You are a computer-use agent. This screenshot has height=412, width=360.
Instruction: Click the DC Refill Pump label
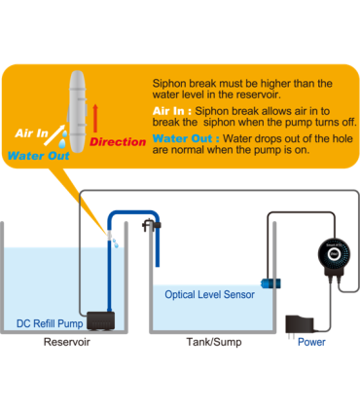(x=50, y=323)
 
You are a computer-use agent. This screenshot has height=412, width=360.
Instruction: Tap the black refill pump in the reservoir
(x=100, y=321)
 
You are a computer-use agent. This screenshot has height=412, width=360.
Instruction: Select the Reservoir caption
(x=67, y=342)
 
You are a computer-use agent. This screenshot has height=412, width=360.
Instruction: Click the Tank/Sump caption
(x=214, y=342)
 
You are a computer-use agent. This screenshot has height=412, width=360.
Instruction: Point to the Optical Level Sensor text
(x=209, y=294)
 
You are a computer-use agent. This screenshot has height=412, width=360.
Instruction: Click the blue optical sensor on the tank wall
(x=270, y=283)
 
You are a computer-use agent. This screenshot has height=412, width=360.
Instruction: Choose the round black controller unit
(x=334, y=255)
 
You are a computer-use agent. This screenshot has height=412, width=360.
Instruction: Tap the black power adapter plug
(x=299, y=324)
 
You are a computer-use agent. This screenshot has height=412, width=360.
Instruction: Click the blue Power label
(x=311, y=342)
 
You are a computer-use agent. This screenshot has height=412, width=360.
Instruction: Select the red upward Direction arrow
(x=95, y=118)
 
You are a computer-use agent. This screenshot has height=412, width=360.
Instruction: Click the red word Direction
(x=118, y=142)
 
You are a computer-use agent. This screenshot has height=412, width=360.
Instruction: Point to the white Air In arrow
(x=54, y=134)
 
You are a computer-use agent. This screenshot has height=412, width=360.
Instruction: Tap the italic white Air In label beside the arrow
(x=31, y=132)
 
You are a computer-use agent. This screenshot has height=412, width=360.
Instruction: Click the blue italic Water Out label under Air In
(x=39, y=156)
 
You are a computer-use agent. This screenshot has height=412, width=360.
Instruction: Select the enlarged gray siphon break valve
(x=77, y=111)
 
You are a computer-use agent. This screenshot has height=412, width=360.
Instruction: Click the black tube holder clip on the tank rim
(x=151, y=225)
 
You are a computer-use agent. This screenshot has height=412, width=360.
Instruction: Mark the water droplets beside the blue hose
(x=116, y=243)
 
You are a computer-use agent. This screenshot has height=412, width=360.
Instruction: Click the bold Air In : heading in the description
(x=172, y=111)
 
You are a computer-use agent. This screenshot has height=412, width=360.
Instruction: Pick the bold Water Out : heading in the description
(x=186, y=138)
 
